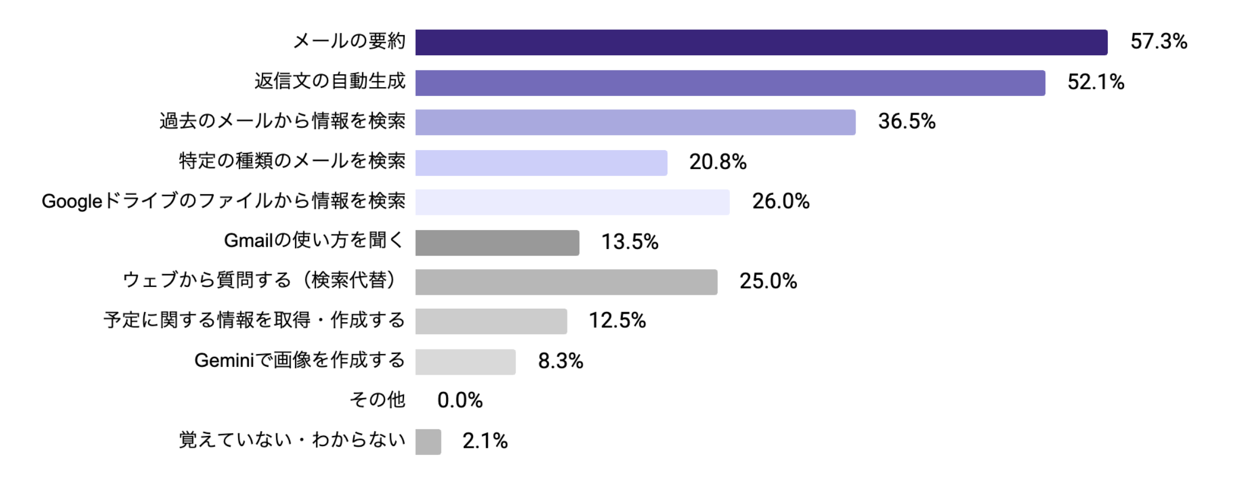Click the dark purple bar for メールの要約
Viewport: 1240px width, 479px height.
[761, 42]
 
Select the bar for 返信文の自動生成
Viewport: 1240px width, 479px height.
[730, 83]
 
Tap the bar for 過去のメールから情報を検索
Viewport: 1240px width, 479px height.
[635, 122]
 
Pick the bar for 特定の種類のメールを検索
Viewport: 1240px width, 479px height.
[541, 162]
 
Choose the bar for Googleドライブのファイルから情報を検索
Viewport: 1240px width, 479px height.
[572, 202]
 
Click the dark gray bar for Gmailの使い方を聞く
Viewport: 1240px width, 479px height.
[497, 243]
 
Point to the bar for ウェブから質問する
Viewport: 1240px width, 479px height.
[566, 282]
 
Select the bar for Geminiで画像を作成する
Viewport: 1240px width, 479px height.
[465, 362]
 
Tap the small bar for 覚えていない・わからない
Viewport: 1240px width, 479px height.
[428, 442]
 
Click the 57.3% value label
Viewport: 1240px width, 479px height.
[1159, 41]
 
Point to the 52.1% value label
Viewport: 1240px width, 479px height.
[1095, 82]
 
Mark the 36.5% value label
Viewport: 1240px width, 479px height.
[906, 121]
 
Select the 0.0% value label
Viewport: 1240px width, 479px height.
[460, 400]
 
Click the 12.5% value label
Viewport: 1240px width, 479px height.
[617, 320]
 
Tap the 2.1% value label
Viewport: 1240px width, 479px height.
[485, 441]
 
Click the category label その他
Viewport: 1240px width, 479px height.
[377, 400]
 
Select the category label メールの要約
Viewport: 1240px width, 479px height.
[349, 41]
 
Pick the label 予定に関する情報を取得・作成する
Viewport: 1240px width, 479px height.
[254, 320]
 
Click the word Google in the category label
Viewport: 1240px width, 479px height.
[72, 201]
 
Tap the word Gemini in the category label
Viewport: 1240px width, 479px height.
[224, 361]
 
